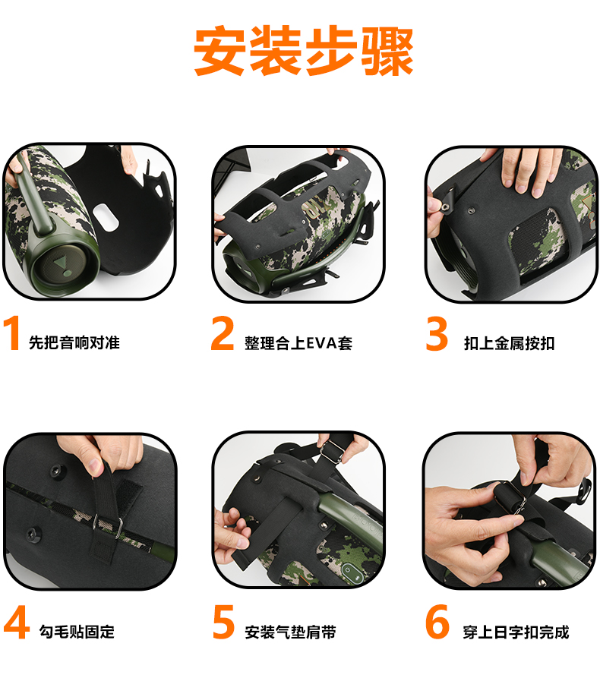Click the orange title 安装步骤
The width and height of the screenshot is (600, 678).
point(303,51)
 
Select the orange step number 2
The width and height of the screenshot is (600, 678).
point(223,333)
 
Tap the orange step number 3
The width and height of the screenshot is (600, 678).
point(437,333)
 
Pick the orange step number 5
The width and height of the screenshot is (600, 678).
point(223,622)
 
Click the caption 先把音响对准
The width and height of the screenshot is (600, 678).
point(74,342)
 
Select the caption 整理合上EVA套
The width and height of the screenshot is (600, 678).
point(298,343)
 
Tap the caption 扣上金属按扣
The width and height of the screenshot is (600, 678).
point(509,343)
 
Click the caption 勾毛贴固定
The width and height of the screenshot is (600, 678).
point(77,632)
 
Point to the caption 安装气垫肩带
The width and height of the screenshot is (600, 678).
point(290,632)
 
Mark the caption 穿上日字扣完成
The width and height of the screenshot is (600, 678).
point(516,632)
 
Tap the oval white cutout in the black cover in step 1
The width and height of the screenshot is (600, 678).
point(106,217)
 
